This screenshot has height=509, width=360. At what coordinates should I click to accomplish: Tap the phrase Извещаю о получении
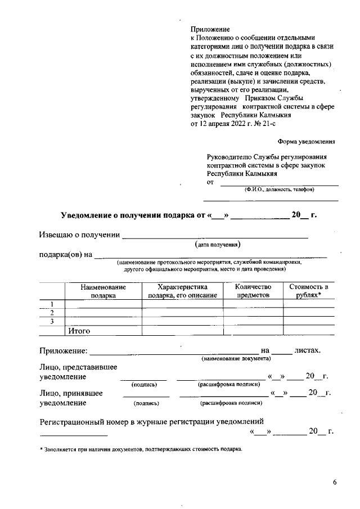coord(79,235)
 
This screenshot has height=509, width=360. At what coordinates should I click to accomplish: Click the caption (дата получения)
coord(218,245)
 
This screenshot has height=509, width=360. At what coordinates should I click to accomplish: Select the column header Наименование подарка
coord(103,290)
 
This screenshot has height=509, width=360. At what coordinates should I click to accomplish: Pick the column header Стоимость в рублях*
coord(308,290)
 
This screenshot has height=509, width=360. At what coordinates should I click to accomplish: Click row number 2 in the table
coord(52,313)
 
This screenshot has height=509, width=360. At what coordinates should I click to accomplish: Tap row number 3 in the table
coord(52,321)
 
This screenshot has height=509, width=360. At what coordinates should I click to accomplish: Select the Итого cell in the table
coord(79,331)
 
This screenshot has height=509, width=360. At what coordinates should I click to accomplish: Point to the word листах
coord(307,350)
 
